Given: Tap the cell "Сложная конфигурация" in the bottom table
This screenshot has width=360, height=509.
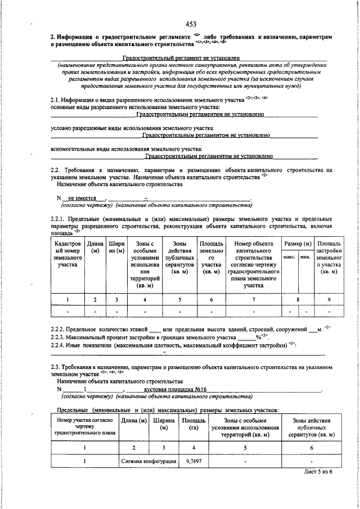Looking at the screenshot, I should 148,461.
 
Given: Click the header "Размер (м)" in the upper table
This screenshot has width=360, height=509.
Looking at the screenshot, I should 298,243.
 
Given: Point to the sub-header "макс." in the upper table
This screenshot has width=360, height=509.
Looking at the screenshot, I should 290,256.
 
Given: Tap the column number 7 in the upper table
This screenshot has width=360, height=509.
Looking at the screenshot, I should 253,299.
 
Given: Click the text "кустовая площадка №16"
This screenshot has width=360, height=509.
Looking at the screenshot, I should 175,389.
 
